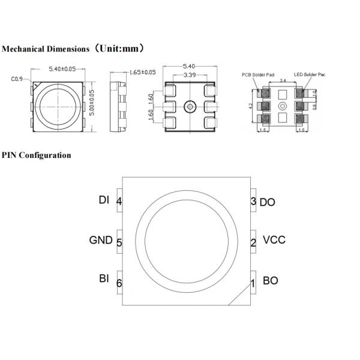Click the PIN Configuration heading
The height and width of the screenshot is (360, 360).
(x=36, y=155)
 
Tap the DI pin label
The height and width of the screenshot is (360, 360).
(x=104, y=200)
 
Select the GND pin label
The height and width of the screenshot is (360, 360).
(x=101, y=240)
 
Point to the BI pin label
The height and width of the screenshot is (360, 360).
(x=104, y=279)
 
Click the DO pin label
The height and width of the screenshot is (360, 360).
(x=268, y=202)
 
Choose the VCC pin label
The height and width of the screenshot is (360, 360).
(x=274, y=240)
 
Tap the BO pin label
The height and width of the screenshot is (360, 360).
(x=270, y=280)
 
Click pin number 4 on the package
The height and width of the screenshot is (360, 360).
(x=119, y=202)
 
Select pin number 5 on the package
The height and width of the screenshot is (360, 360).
(x=119, y=242)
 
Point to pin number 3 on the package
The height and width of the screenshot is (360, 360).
(x=253, y=202)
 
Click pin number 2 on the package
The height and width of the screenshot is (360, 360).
(x=253, y=242)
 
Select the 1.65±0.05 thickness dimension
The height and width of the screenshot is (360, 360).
(x=142, y=72)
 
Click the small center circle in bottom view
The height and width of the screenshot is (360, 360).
(x=189, y=107)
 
